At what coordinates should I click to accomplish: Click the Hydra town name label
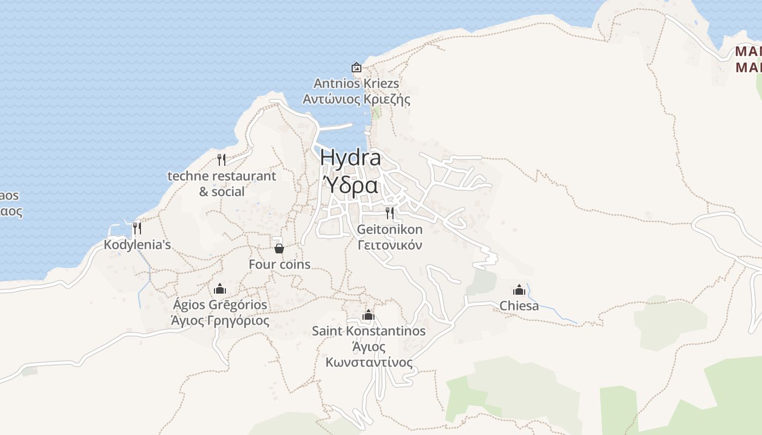click(351, 158)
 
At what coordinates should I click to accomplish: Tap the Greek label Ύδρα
click(351, 185)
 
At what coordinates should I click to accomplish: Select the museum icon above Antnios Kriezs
click(357, 67)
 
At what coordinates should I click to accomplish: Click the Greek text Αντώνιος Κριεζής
click(357, 100)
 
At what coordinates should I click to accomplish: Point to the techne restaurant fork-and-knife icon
click(221, 159)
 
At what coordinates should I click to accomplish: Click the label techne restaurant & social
click(222, 184)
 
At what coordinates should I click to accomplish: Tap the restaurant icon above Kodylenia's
click(137, 228)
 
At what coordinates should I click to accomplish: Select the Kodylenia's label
click(137, 245)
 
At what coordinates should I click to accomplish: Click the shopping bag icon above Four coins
click(279, 248)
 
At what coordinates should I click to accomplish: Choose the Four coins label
click(279, 264)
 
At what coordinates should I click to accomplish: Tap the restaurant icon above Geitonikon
click(390, 213)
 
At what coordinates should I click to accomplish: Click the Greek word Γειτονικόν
click(390, 245)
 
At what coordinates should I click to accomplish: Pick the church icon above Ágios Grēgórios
click(220, 289)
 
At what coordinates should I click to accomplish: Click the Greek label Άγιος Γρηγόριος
click(220, 320)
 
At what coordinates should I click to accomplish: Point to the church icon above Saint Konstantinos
click(368, 315)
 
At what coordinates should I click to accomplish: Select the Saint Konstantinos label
click(368, 331)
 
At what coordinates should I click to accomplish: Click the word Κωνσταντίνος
click(368, 362)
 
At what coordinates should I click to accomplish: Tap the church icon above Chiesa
click(519, 289)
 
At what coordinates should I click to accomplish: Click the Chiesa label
click(519, 306)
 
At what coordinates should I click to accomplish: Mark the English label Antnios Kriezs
click(357, 84)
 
